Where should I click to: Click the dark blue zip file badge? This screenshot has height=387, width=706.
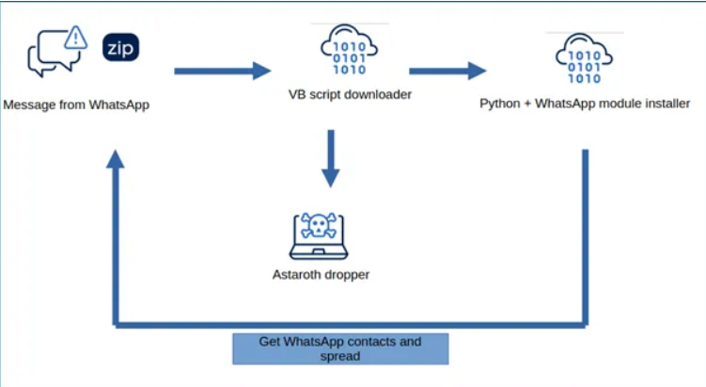coord(120,47)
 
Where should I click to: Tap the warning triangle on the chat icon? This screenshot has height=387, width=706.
coord(75,37)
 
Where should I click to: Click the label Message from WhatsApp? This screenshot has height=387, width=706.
coord(76,105)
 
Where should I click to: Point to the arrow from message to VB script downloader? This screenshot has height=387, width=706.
coord(223,71)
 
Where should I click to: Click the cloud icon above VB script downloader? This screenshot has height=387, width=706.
coord(350,50)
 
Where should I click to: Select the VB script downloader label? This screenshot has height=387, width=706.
coord(350,94)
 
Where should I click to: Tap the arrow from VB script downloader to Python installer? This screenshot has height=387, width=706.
coord(447,71)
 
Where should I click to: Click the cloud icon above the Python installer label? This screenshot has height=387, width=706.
coord(584,58)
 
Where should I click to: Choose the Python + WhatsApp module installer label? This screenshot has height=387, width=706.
coord(585,104)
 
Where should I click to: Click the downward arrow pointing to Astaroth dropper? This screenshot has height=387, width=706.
coord(331,159)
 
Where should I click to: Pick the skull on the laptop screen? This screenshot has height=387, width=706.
coord(319,226)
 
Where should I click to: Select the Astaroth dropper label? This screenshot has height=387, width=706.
coord(321,275)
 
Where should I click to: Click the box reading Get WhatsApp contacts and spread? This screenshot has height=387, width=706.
coord(340,348)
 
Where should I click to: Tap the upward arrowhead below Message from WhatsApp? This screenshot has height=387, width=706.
coord(116,159)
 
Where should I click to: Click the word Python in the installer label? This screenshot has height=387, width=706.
coord(500,105)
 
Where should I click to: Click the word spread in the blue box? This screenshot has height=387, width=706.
coord(340,356)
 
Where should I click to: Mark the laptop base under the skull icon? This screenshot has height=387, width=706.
coord(319,253)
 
